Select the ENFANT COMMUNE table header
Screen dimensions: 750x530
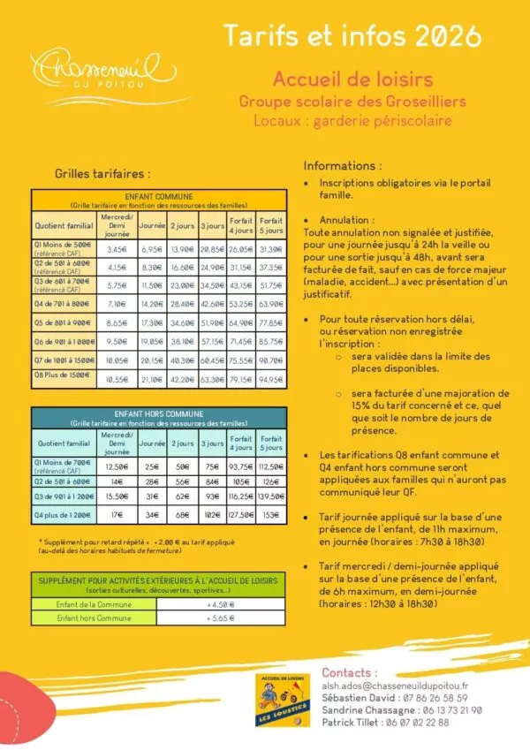(159, 196)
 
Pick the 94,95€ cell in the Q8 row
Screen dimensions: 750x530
(271, 380)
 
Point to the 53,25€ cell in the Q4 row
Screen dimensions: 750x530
(241, 304)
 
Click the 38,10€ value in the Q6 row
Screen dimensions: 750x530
(183, 341)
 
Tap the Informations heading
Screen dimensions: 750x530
(343, 165)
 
